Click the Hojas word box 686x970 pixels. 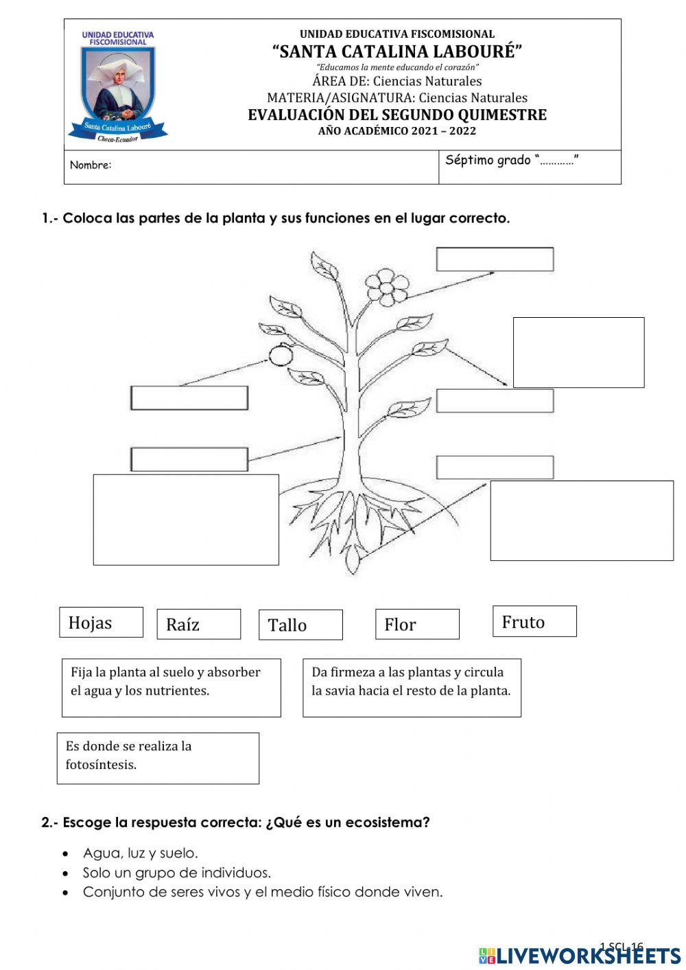[x=101, y=622]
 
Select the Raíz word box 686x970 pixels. [x=198, y=624]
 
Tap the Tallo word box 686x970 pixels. [x=300, y=625]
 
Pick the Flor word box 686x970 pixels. [x=417, y=624]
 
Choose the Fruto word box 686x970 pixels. [x=534, y=621]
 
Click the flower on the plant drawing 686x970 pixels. [x=386, y=286]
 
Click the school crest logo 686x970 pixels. [x=117, y=86]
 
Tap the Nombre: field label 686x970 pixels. [x=91, y=165]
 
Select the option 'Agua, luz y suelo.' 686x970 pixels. [x=140, y=853]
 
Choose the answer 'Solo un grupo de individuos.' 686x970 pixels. [x=176, y=873]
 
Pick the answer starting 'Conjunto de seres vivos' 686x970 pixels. [x=262, y=892]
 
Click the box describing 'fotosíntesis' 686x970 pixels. [x=158, y=758]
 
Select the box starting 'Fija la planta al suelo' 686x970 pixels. [x=171, y=687]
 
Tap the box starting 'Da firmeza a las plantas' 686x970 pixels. [x=412, y=687]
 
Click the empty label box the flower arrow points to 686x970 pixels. [x=495, y=259]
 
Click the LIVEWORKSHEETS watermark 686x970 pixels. [x=580, y=955]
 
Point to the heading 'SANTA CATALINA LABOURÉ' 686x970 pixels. [x=397, y=51]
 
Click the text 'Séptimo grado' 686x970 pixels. [x=488, y=161]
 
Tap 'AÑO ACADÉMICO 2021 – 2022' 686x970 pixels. [x=397, y=131]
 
